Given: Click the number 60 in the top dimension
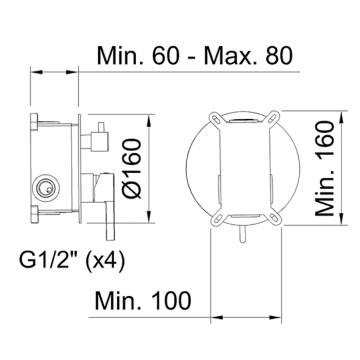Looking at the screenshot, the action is (166, 56).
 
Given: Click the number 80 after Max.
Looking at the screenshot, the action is (279, 56).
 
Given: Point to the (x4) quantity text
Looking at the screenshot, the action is (105, 262).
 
